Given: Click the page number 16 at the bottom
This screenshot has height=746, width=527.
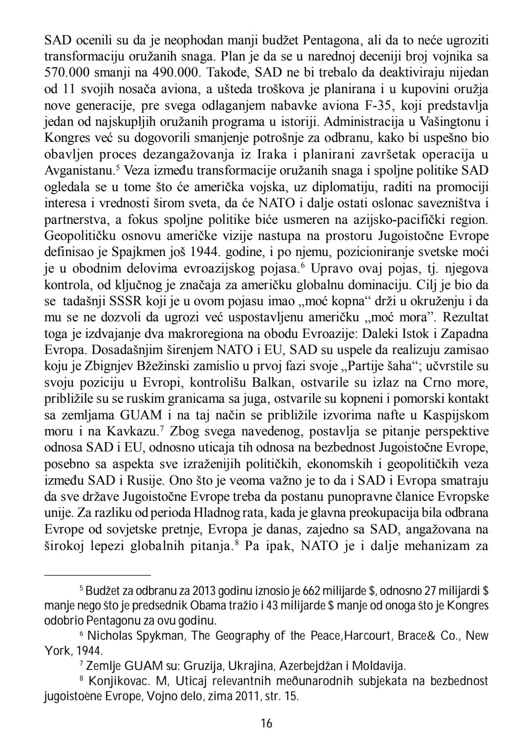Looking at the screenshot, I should tap(266, 723).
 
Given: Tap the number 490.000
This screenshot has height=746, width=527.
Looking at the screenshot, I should tap(174, 73).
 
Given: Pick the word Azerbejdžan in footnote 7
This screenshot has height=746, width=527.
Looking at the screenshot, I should tap(298, 666).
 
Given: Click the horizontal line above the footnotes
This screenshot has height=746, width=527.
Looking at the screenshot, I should tap(98, 575).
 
